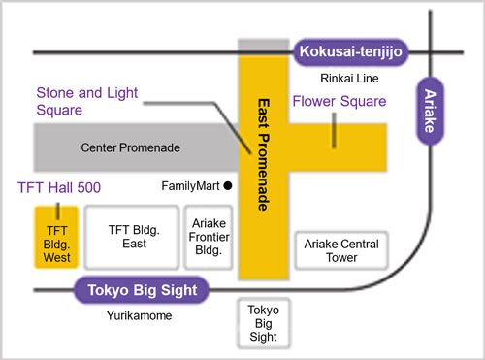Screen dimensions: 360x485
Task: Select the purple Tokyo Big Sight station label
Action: point(142,290)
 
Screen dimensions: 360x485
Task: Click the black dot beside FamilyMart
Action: point(228,184)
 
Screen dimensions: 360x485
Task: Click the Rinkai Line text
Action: point(349,80)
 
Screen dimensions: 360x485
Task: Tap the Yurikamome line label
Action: point(138,316)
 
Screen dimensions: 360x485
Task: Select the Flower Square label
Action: point(339,101)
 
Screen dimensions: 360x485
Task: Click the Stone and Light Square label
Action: point(87,102)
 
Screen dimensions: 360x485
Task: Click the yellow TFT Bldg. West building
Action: point(57,237)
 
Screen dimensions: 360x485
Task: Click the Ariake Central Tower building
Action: point(341,250)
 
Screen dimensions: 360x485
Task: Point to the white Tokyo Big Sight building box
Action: point(262,323)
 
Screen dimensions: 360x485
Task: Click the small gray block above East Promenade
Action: point(263,44)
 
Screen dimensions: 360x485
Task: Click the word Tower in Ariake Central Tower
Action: point(341,258)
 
